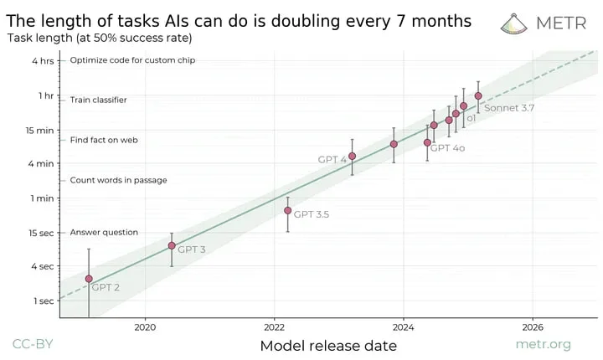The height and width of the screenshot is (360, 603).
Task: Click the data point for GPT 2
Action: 89,279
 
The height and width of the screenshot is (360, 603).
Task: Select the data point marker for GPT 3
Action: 172,245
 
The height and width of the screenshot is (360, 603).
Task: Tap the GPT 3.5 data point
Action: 287,210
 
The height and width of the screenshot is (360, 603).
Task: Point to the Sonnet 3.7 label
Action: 509,108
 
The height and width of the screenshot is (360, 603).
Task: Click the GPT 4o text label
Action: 447,147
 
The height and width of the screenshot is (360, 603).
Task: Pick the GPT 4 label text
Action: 332,159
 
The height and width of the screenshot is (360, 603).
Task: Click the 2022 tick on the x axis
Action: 275,327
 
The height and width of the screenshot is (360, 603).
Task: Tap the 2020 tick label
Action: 146,327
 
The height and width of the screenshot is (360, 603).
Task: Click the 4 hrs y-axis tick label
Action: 42,60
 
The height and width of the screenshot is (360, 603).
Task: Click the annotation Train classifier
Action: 98,100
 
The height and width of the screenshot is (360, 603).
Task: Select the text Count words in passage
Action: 118,180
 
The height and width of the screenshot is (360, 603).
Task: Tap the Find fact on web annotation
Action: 104,140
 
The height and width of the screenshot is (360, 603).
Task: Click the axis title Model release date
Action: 327,345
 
